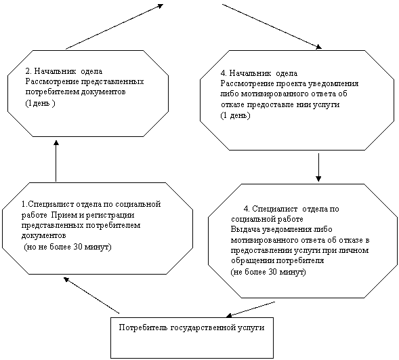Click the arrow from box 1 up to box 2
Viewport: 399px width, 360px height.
click(x=56, y=161)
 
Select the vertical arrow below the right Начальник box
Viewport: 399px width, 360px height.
click(x=318, y=167)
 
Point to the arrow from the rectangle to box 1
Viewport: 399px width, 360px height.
click(x=91, y=296)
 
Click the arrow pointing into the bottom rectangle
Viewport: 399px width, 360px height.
click(x=251, y=310)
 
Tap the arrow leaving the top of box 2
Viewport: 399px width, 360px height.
click(x=114, y=26)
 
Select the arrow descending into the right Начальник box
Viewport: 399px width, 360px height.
click(x=272, y=26)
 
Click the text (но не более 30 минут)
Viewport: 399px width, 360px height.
click(x=68, y=247)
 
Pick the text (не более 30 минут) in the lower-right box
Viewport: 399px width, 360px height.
click(x=268, y=272)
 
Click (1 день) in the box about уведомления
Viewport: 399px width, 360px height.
click(x=235, y=115)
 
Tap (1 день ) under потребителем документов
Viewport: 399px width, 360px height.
click(x=40, y=104)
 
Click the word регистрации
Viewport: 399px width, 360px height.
click(x=110, y=215)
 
